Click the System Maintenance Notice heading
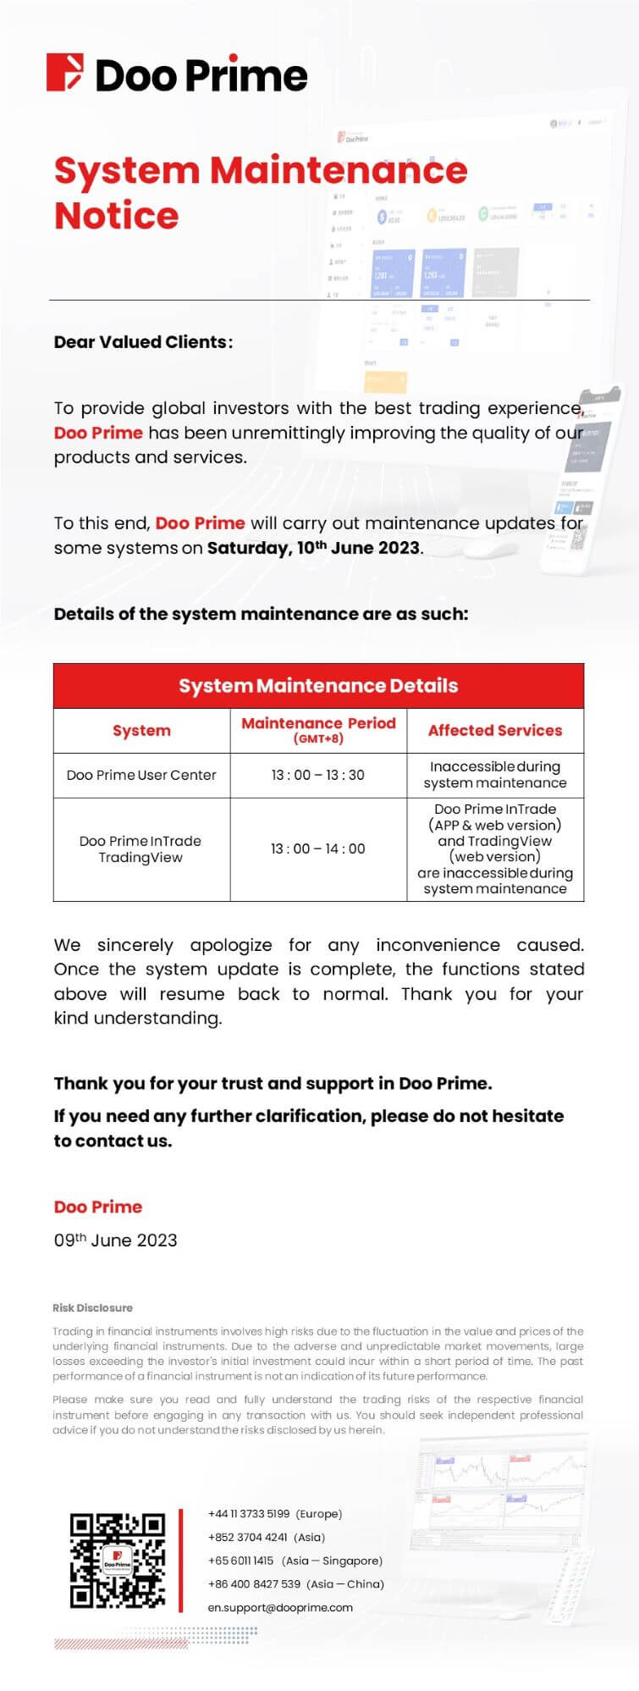click(261, 193)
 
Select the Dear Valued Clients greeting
click(143, 342)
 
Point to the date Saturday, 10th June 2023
click(314, 548)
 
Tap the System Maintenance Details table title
click(318, 686)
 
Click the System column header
click(141, 731)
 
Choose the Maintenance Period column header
click(318, 729)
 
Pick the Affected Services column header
click(495, 731)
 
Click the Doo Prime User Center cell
click(141, 775)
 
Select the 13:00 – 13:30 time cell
click(318, 775)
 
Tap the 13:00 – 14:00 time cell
click(318, 848)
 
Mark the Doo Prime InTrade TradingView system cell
click(140, 849)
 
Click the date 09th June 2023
click(115, 1241)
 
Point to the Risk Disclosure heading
click(92, 1307)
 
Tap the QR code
click(118, 1561)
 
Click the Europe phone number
click(274, 1513)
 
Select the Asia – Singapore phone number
click(295, 1561)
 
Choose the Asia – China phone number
click(295, 1583)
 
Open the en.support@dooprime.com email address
click(280, 1607)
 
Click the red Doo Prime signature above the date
click(98, 1207)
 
